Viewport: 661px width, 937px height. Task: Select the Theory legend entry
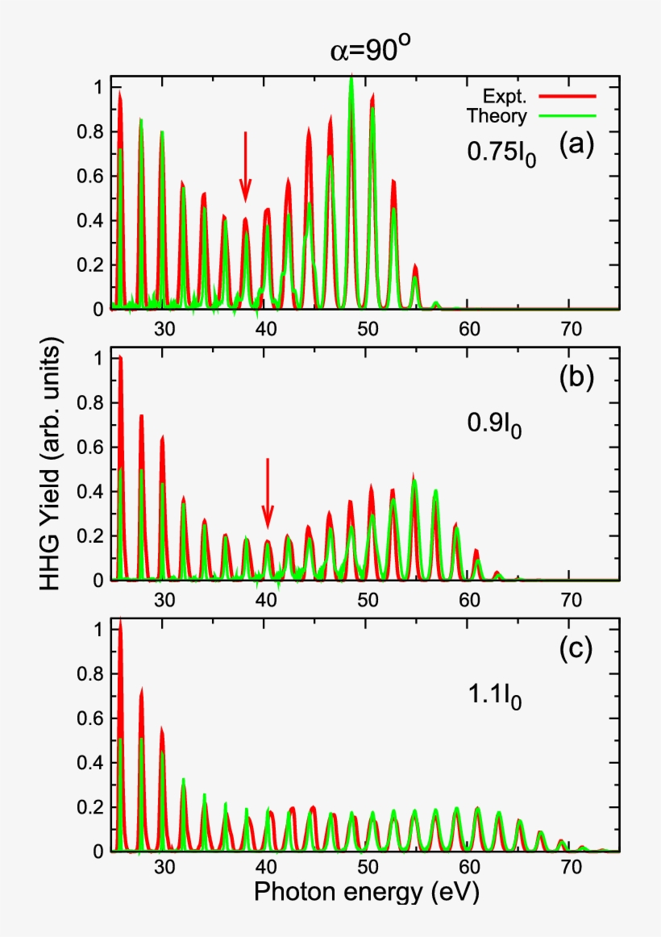497,116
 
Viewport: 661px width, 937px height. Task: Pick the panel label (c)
576,649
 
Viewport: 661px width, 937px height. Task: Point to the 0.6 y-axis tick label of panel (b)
96,447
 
